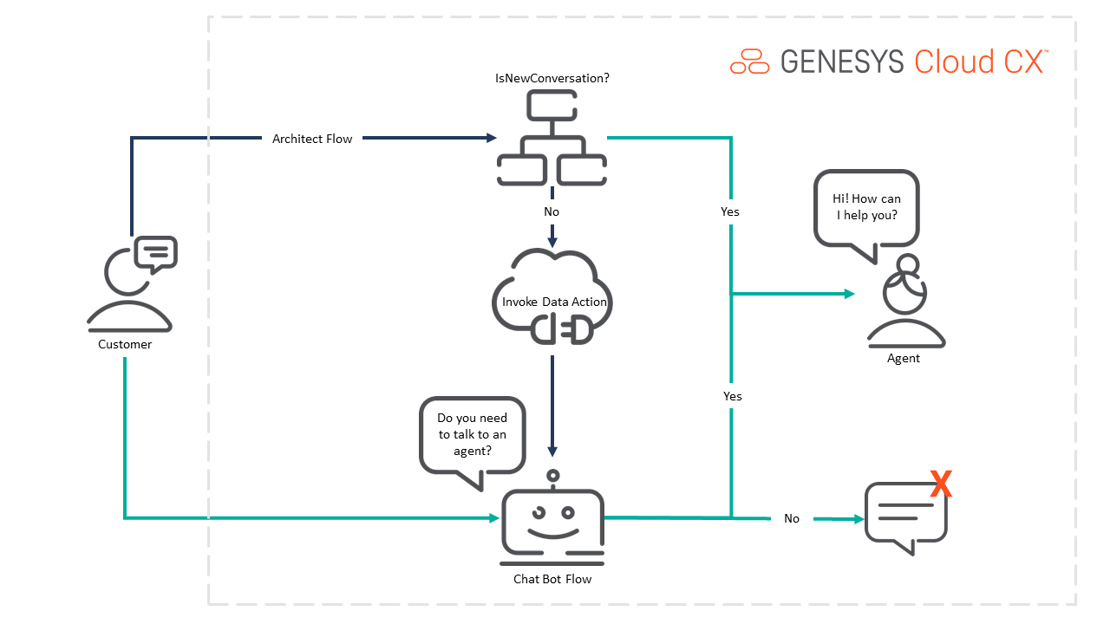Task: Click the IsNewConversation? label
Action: point(552,78)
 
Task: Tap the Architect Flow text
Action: point(312,139)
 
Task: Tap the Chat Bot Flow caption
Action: point(552,578)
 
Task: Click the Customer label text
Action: point(125,344)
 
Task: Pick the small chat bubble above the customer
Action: point(156,253)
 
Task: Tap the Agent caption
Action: point(904,358)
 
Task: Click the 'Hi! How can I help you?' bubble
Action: point(866,208)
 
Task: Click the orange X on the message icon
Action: point(940,484)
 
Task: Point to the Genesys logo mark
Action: point(749,62)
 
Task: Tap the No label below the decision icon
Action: point(552,211)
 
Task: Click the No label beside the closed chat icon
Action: point(792,518)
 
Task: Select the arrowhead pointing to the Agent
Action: point(850,294)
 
